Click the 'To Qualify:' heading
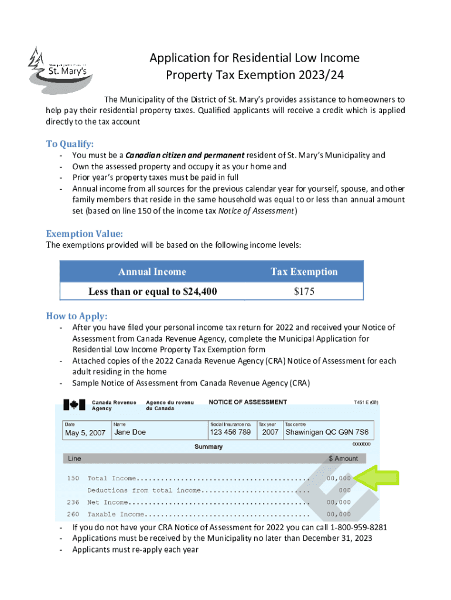pos(70,144)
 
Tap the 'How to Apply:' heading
pos(77,316)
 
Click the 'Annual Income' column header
pos(152,272)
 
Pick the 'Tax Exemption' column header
pos(304,272)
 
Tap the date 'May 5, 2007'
pos(85,433)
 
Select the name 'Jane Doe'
pos(130,432)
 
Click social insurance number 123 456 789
pos(230,432)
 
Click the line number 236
pos(73,502)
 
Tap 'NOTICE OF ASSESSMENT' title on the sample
pos(248,402)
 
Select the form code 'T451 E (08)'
pos(365,403)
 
